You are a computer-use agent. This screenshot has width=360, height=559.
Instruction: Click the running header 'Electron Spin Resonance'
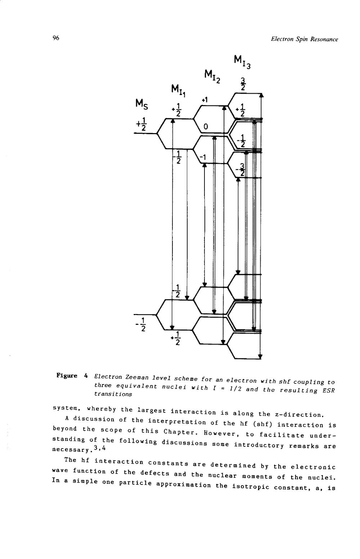[304, 39]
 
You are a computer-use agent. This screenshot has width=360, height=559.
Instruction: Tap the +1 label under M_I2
[205, 100]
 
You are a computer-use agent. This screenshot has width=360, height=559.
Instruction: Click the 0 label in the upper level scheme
[206, 127]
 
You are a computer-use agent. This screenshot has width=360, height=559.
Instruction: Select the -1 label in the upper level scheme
[203, 157]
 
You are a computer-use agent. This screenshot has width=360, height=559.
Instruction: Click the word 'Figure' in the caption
[67, 376]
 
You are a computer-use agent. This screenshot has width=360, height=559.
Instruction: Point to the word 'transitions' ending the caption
[113, 394]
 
